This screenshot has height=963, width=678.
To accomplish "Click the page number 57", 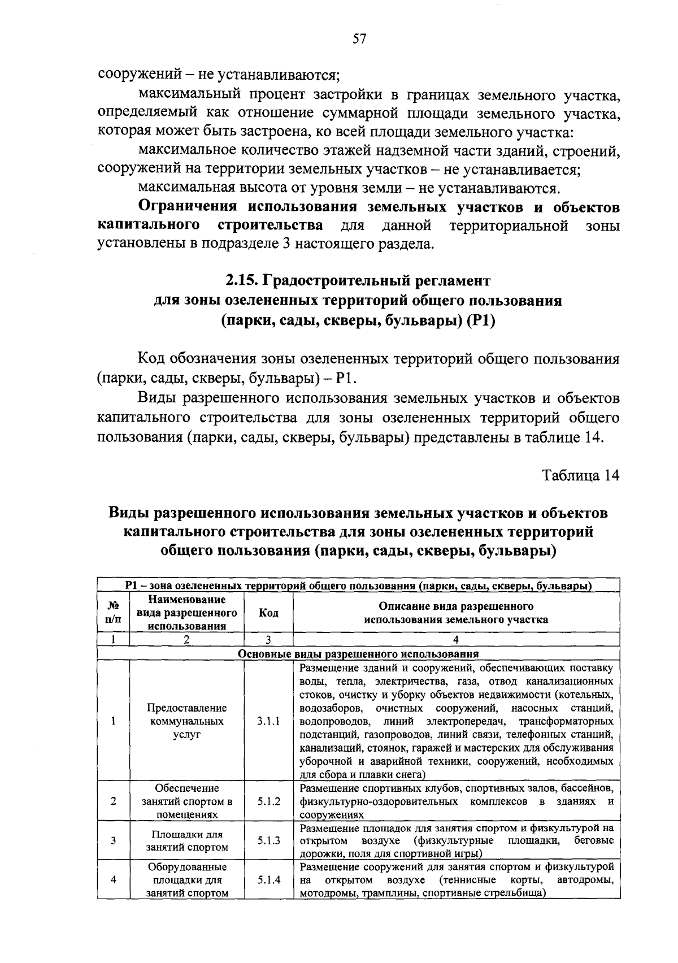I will (x=360, y=38).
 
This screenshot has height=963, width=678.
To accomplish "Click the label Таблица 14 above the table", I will (x=581, y=475).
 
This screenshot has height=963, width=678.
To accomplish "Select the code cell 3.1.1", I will (x=268, y=722).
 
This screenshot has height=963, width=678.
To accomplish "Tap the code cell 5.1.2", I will (x=268, y=801).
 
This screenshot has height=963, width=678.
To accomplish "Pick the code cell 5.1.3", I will (x=268, y=840).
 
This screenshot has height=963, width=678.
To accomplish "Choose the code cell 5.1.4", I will (x=268, y=880).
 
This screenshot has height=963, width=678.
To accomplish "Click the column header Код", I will (x=268, y=613).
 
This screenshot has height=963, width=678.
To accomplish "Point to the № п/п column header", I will (x=113, y=613).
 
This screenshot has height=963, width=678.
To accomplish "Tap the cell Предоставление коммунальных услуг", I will (x=187, y=722).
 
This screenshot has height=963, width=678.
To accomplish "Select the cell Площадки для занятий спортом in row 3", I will (x=187, y=841).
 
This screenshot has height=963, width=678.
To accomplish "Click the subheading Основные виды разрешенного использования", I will (x=358, y=654).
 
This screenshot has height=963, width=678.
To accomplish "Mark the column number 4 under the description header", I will (x=456, y=640).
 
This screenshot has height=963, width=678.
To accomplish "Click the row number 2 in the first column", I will (x=113, y=801).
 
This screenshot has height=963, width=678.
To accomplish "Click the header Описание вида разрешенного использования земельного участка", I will (x=456, y=613).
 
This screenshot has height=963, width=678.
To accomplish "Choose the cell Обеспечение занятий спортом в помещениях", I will (x=187, y=801).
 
